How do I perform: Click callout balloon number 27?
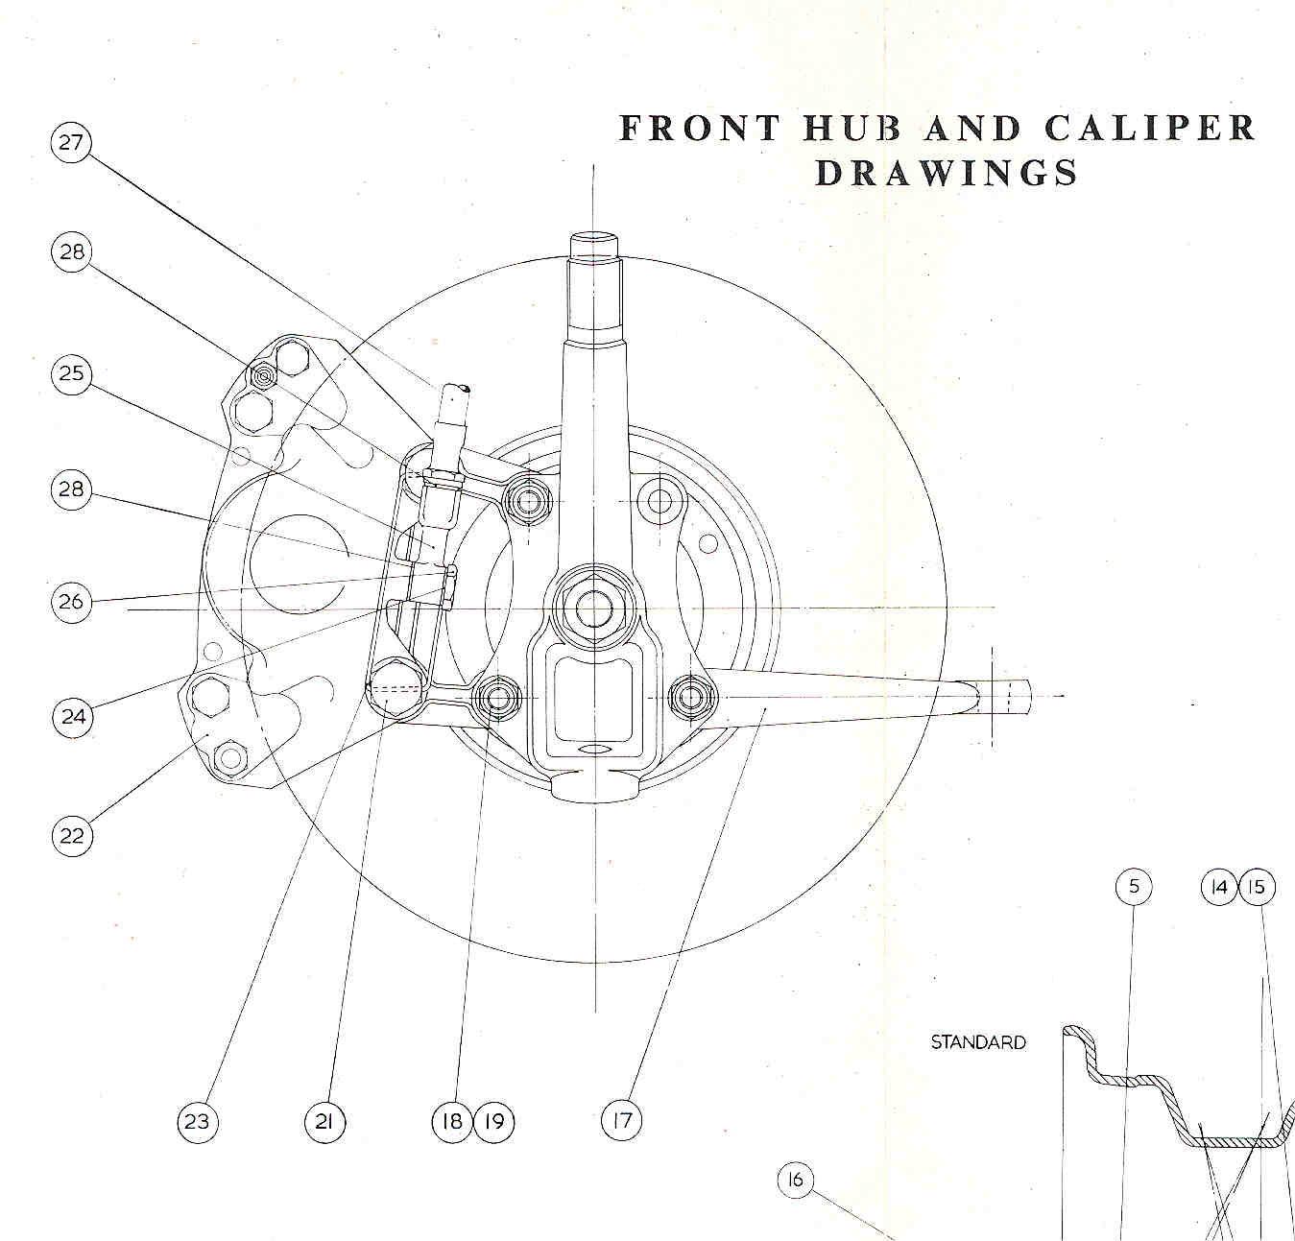[72, 143]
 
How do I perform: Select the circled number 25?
[72, 373]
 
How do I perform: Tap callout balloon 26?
[72, 603]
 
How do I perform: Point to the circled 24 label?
[72, 716]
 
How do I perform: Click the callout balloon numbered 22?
[72, 835]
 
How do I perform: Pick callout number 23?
[197, 1121]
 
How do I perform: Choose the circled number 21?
[324, 1121]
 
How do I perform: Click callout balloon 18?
[453, 1121]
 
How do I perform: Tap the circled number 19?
[493, 1121]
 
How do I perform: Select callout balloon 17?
[622, 1119]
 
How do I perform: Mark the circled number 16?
[795, 1180]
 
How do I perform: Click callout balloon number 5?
[1134, 886]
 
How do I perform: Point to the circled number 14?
[1219, 887]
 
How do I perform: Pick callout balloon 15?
[1257, 887]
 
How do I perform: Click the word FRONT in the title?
[700, 128]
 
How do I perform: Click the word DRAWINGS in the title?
[947, 173]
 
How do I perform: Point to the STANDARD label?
[978, 1041]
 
